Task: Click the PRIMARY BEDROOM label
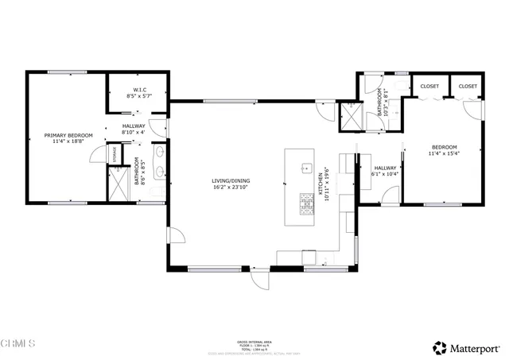(68, 136)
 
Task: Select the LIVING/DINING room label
(230, 182)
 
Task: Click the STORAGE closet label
(116, 152)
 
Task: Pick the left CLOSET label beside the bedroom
(429, 86)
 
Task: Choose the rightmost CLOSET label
(468, 86)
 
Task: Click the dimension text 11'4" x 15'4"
(445, 154)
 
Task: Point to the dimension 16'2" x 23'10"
(230, 189)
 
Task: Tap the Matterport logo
(466, 347)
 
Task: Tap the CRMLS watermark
(19, 344)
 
